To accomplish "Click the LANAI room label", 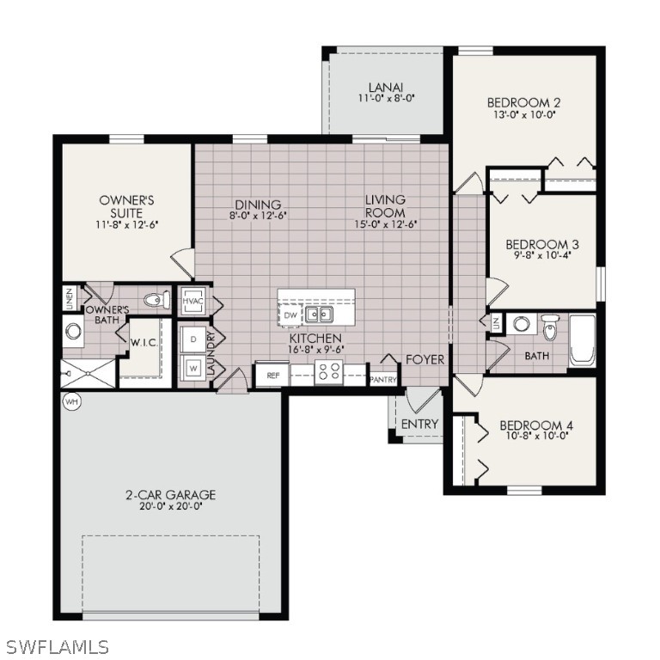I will pos(386,87).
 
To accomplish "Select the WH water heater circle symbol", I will pos(70,401).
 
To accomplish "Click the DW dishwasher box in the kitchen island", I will pos(290,316).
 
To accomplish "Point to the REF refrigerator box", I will pos(272,376).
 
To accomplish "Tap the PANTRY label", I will pos(382,379).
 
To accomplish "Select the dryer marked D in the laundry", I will pos(192,339).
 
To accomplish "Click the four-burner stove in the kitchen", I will pos(328,372).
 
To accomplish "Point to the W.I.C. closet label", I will pos(143,342).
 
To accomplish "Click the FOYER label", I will pos(425,359).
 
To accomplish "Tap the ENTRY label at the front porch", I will pos(419,424).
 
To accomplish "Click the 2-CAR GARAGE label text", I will pos(171,495).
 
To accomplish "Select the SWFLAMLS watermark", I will pos(57,646).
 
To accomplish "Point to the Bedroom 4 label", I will pos(536,425).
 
